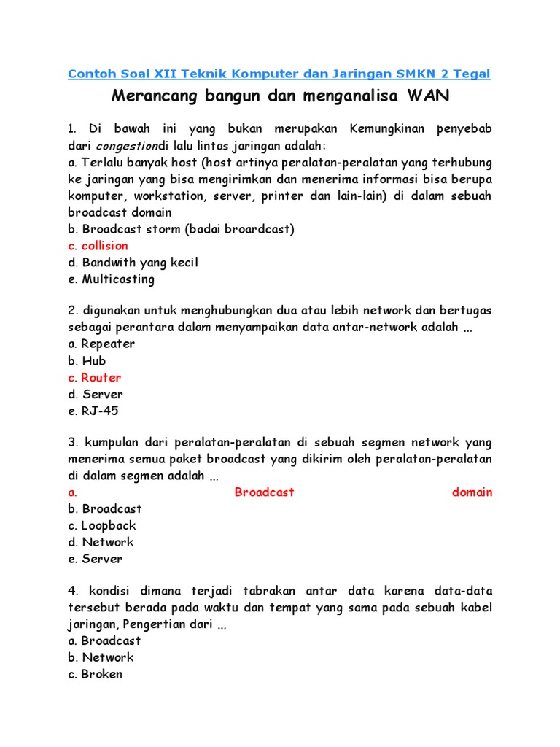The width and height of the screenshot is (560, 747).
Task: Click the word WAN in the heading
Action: (428, 95)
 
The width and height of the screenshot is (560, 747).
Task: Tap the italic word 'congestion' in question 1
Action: (128, 145)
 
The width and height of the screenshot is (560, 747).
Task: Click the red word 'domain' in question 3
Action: (472, 492)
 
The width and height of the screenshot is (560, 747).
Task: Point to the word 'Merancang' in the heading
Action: (148, 95)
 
